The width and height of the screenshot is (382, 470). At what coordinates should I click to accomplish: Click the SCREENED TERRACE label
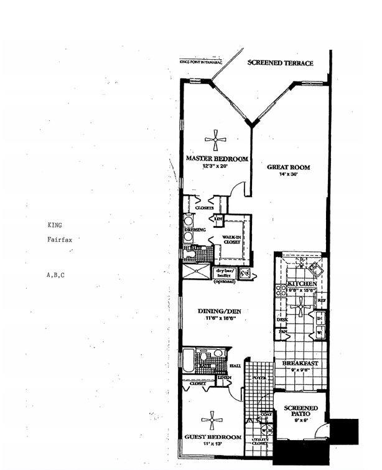(x=280, y=63)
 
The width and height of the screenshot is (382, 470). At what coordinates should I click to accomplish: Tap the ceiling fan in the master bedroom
(x=215, y=140)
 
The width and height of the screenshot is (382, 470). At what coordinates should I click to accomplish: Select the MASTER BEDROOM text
(x=217, y=159)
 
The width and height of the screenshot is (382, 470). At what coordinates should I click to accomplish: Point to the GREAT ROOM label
(x=288, y=167)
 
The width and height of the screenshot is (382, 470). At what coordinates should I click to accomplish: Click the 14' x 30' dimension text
(x=287, y=175)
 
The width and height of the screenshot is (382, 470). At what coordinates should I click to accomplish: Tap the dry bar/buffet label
(x=224, y=275)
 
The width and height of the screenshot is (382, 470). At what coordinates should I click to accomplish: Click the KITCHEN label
(x=302, y=284)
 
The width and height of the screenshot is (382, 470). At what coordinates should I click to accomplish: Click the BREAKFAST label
(x=300, y=363)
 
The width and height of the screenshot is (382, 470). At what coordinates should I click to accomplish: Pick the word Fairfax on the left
(x=59, y=240)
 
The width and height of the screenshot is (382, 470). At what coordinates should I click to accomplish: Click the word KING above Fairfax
(x=55, y=225)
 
